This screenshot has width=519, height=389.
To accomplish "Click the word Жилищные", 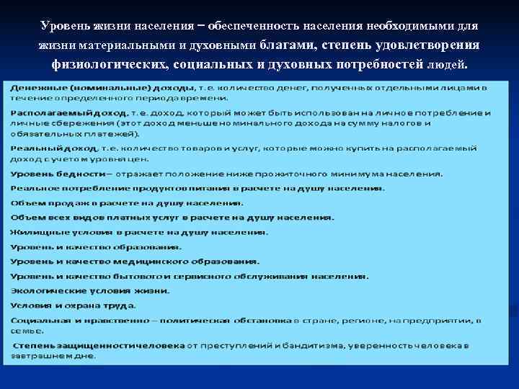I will (37, 232).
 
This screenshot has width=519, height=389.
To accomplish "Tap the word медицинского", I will (145, 261).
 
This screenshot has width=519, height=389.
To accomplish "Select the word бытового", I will (145, 276).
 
